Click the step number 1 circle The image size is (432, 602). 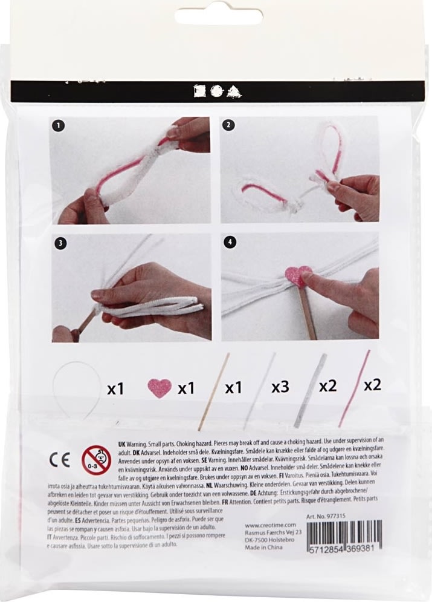pos(59,126)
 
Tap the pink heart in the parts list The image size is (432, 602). pos(160,388)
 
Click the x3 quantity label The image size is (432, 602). pos(280,387)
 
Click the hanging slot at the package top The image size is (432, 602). pos(216,15)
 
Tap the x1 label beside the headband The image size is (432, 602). pos(115,389)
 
